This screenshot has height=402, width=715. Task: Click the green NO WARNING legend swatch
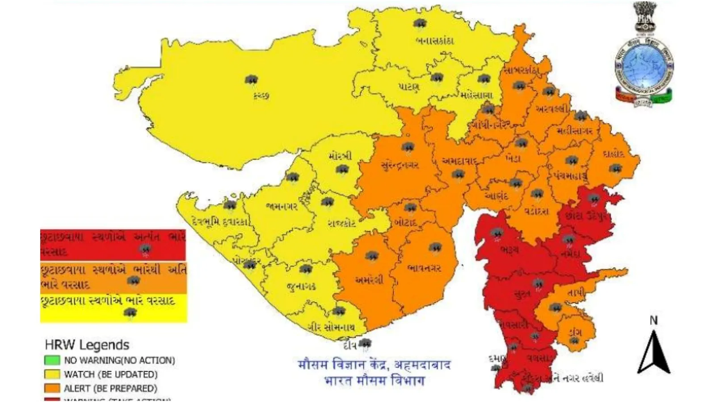pos(52,360)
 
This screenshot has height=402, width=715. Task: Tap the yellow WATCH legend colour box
pos(52,374)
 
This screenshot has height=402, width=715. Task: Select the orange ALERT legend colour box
pos(52,388)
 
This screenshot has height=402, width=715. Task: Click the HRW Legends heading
pos(87,345)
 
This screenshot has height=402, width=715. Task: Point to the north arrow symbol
pos(653,353)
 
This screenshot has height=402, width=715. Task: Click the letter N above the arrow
pos(653,320)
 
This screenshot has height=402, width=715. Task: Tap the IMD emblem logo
pos(644,54)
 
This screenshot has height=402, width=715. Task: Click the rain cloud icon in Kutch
pos(252,81)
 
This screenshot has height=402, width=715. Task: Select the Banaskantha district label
pos(434,41)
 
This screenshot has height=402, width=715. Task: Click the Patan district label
pos(409,86)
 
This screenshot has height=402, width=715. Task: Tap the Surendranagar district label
pos(400,165)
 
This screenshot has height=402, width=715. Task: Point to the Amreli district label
pos(369,280)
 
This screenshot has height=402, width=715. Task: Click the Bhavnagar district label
pos(424,268)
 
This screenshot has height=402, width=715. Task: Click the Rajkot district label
pos(342,223)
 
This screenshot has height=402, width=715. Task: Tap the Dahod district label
pos(613,154)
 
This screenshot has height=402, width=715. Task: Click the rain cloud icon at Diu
pos(365,343)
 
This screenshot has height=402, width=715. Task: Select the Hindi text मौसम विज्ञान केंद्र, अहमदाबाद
pos(374,365)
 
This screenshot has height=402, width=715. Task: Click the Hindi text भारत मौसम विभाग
pos(374,381)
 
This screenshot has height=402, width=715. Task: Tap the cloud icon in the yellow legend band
pos(130,313)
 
